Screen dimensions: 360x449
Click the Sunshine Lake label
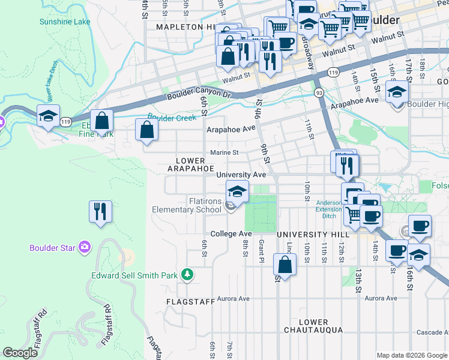(x=64, y=22)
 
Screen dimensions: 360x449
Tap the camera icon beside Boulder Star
(x=85, y=247)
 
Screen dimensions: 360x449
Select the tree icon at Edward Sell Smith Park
(x=188, y=274)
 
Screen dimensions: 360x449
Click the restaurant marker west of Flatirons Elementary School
(x=100, y=211)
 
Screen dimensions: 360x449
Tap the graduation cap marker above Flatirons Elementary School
(x=238, y=193)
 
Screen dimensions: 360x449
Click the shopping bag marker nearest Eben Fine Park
(x=102, y=121)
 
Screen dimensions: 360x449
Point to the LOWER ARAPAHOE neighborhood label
(x=190, y=165)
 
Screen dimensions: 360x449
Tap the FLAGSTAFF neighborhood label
(x=190, y=302)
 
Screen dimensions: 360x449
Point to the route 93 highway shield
(x=319, y=92)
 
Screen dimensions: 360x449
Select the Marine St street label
(x=223, y=153)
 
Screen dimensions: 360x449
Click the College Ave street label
(x=231, y=233)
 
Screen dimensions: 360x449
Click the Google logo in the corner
(x=20, y=353)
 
